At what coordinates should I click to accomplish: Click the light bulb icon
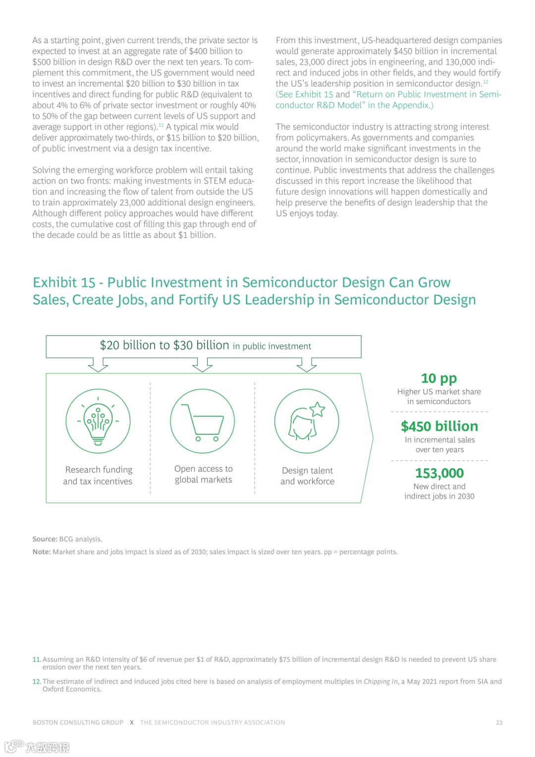tap(98, 421)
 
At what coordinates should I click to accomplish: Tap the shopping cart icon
tap(203, 421)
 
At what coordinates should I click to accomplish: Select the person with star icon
tap(307, 421)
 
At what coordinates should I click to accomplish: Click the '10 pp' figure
tap(439, 379)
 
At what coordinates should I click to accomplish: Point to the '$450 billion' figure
tap(439, 426)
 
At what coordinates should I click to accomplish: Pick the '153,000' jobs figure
tap(439, 473)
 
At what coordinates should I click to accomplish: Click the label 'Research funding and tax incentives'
tap(98, 475)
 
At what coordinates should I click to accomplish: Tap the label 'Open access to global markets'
tap(203, 474)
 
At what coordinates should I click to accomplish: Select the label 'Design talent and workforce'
tap(307, 476)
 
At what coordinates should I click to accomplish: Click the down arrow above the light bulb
tap(98, 365)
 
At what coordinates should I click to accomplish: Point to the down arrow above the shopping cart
tap(203, 365)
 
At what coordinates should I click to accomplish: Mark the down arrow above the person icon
tap(307, 365)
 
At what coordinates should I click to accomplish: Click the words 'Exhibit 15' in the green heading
tap(64, 283)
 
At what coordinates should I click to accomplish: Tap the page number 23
tap(499, 723)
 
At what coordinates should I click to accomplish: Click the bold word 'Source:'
tap(45, 539)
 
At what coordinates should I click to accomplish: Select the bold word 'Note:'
tap(42, 552)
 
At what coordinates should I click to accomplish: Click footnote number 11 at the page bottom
tap(37, 660)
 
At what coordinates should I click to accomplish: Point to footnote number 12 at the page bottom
tap(37, 682)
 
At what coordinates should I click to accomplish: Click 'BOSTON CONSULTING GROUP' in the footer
tap(78, 723)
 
